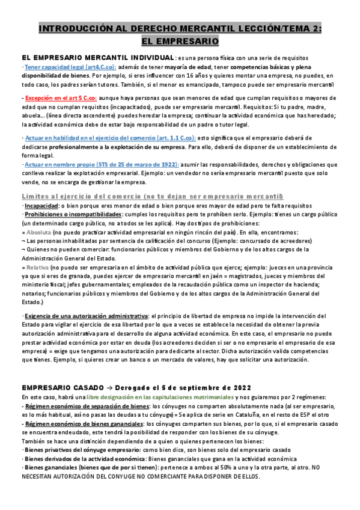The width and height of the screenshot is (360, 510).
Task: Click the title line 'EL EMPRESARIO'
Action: [180, 41]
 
